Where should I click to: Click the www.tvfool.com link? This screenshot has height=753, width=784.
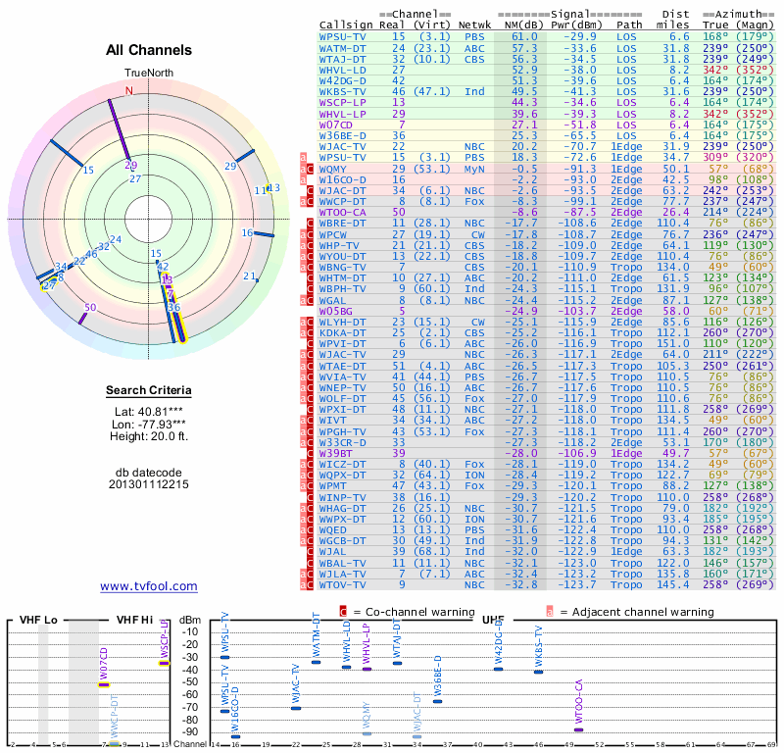(x=148, y=586)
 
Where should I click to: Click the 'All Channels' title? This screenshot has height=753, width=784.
(x=148, y=49)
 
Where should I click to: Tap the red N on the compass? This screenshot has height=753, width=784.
(x=128, y=91)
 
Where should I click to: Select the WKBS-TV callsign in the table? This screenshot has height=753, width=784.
(x=343, y=91)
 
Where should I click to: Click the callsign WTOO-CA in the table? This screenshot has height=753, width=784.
(x=342, y=211)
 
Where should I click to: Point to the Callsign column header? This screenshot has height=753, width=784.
(x=343, y=25)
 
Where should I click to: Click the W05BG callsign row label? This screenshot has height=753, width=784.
(x=337, y=311)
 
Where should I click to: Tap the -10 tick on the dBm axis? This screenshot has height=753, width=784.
(x=191, y=632)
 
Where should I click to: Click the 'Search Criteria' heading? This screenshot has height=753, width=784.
(x=148, y=391)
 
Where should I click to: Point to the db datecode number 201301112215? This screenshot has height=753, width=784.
(x=148, y=484)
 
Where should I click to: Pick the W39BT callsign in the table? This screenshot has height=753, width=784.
(x=337, y=452)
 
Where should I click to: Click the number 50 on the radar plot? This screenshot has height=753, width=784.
(x=90, y=308)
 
